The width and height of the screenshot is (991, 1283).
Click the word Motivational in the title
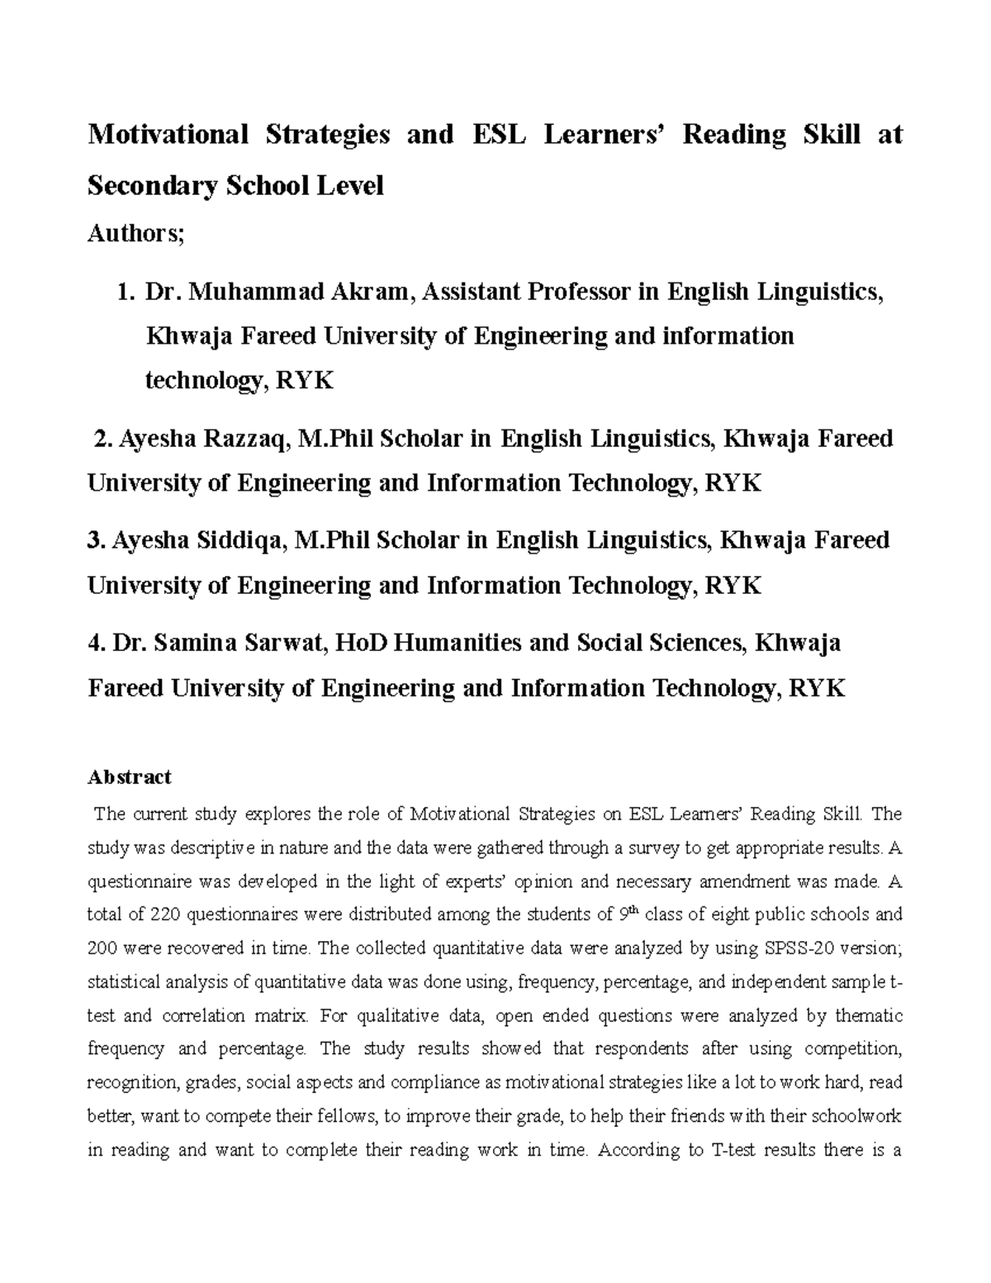(168, 134)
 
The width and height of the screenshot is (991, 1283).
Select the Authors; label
(135, 234)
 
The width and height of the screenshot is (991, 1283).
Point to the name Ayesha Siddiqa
(201, 540)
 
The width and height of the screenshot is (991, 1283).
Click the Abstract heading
(129, 777)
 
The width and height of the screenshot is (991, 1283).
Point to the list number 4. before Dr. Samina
(96, 643)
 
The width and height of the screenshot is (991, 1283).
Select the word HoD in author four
(360, 643)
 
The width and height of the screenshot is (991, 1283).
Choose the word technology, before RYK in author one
(206, 381)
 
